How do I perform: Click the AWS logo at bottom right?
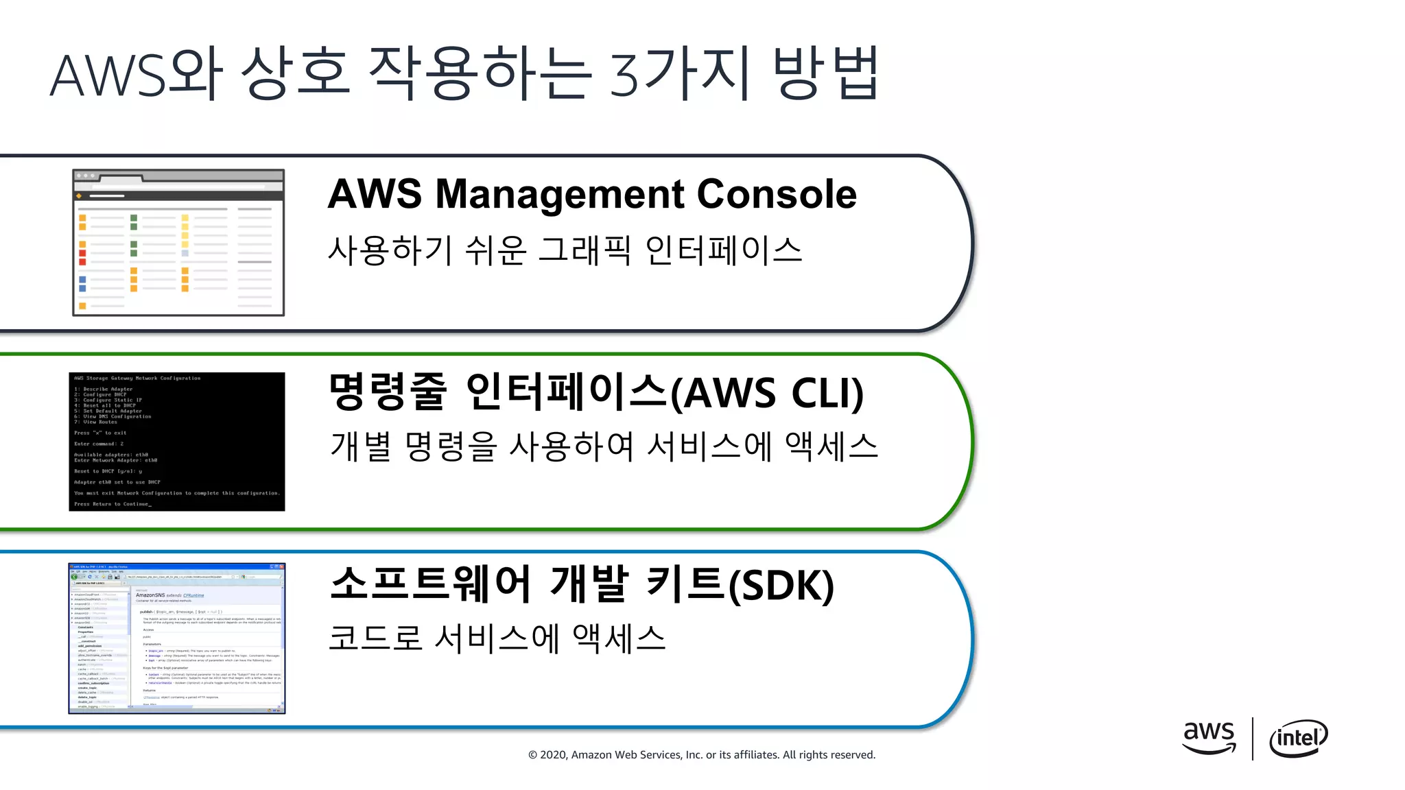coord(1209,737)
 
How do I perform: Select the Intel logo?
coord(1298,739)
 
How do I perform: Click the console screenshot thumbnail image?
coord(178,243)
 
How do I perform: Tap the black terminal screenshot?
coord(177,441)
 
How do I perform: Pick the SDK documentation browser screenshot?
coord(177,638)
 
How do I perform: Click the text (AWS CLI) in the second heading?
coord(766,394)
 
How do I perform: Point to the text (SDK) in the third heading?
coord(781,586)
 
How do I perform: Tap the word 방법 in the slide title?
coord(826,74)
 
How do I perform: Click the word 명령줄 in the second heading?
coord(388,392)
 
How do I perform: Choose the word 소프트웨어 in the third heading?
coord(430,584)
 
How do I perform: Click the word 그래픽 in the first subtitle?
coord(584,250)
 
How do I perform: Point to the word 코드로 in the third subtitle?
coord(375,638)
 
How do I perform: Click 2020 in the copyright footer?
coord(553,755)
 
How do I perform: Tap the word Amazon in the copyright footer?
coord(591,755)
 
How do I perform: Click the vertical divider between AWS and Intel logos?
coord(1253,739)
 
